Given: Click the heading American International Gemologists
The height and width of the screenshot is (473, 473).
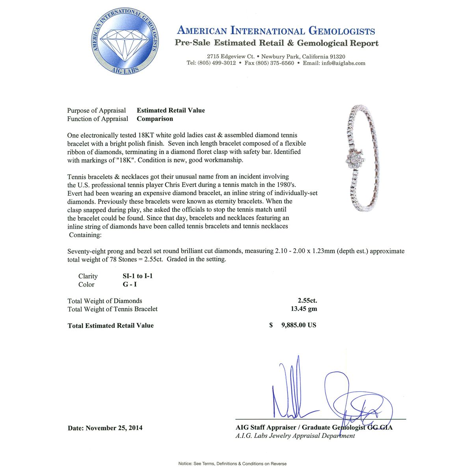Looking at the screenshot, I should [x=276, y=31].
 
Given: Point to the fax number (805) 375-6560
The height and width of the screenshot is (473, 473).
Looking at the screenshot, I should [x=275, y=63].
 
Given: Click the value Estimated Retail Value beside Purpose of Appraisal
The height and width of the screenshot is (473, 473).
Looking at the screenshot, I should [x=171, y=110].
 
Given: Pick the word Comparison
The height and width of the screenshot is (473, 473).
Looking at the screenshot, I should [x=155, y=119].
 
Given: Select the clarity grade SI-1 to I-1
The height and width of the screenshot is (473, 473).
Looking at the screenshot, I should [x=138, y=276].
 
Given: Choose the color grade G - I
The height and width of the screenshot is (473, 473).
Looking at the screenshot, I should [x=130, y=284].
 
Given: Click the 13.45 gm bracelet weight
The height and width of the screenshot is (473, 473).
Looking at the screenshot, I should [x=304, y=309].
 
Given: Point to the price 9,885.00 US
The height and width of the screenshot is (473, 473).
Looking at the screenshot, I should [x=298, y=325].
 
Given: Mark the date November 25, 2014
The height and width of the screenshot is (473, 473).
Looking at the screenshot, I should [x=114, y=428].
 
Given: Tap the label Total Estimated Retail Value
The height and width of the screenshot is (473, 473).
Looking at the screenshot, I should [x=111, y=326].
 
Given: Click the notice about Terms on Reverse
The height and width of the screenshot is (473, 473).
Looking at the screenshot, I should [x=233, y=464].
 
